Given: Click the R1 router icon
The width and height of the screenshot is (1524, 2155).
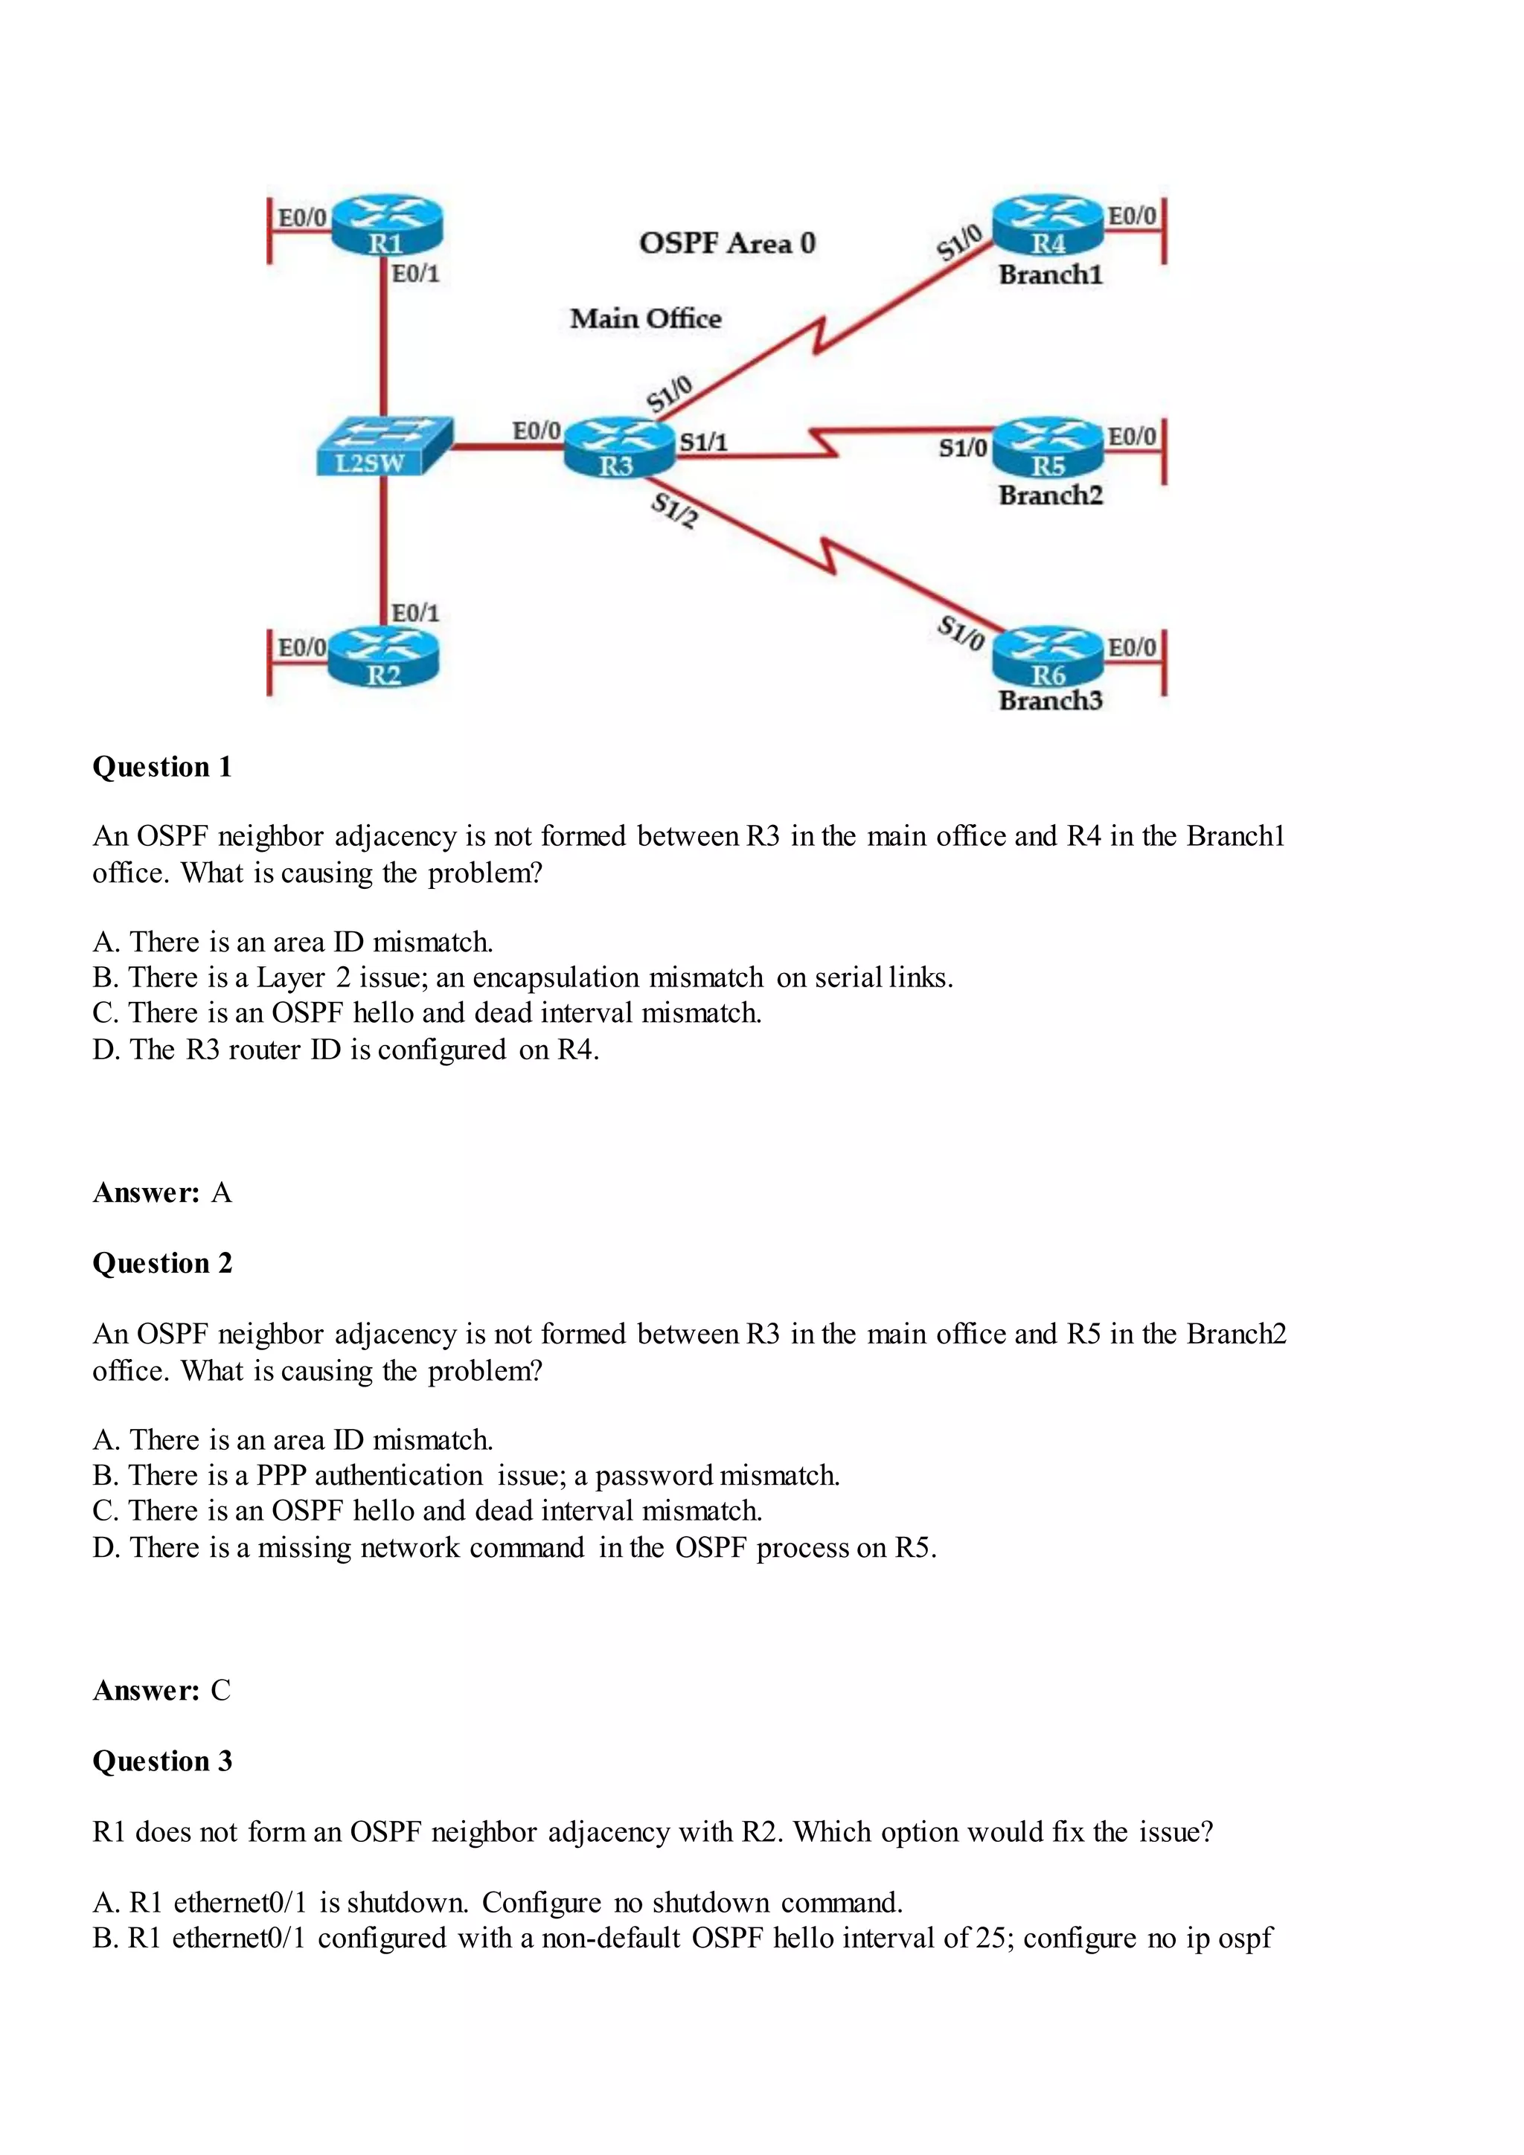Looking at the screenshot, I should coord(386,225).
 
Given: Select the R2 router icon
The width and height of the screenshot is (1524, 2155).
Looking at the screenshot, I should coord(383,657).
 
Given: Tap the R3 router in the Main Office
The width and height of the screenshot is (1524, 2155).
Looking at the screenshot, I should coord(618,448).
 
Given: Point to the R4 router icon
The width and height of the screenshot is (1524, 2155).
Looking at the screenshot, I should coord(1048,225).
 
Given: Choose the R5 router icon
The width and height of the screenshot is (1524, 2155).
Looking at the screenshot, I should coord(1048,448).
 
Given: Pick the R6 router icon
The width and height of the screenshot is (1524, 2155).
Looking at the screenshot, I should coord(1048,657).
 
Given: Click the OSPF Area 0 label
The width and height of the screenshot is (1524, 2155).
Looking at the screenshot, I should coord(727,244).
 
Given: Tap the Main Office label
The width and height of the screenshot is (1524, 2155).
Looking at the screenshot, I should coord(645,319).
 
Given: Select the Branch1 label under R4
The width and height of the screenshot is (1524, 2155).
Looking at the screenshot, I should coord(1050,275).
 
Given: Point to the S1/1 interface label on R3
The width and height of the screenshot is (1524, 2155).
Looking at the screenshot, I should coord(703,442).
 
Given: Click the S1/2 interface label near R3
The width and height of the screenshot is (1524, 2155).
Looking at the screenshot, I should coord(674,510).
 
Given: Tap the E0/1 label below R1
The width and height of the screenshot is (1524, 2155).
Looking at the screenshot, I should coord(415,274).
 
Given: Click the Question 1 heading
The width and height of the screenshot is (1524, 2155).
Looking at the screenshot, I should coord(161,767).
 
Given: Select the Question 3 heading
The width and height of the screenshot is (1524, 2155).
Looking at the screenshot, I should coord(161,1761).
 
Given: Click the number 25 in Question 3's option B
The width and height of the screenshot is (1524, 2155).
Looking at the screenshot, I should coord(990,1939).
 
